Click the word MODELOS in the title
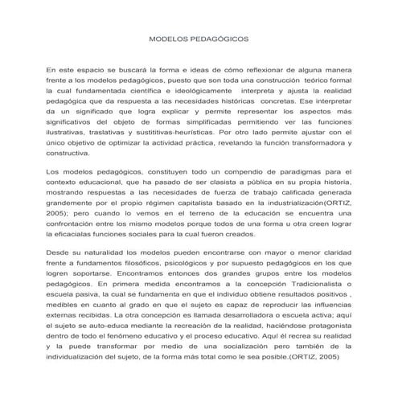(x=168, y=38)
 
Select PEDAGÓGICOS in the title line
(x=217, y=38)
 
